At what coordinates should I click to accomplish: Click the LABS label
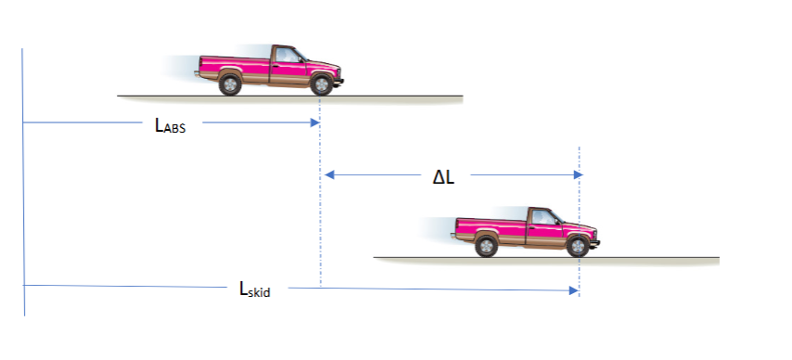coord(170,126)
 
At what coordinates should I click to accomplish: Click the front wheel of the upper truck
coord(321,84)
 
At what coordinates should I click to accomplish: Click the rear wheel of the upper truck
coord(229,84)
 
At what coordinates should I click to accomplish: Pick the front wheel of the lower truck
coord(577,246)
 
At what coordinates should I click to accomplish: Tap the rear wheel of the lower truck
coord(485,246)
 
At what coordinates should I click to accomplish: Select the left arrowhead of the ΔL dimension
coord(326,174)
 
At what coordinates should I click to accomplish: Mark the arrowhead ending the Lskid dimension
coord(573,291)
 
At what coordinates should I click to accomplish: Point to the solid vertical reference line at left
coord(23,186)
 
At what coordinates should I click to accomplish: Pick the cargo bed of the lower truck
coord(490,226)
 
